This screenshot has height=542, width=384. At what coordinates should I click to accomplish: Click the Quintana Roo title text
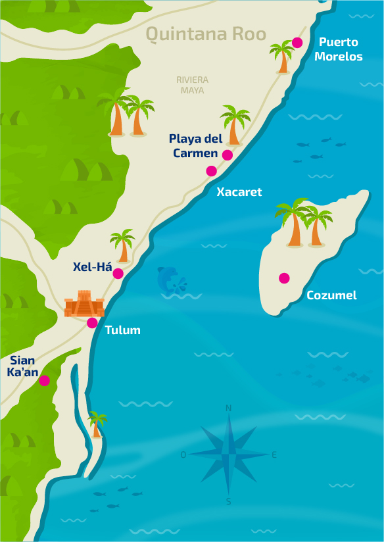click(205, 34)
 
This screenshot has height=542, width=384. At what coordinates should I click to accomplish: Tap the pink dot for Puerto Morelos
click(297, 43)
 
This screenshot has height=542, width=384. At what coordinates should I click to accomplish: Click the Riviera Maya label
click(192, 85)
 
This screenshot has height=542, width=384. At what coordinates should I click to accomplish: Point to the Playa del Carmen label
click(195, 145)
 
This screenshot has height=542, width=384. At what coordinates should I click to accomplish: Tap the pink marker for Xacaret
click(211, 171)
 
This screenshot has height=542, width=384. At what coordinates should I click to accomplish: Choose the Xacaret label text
click(239, 192)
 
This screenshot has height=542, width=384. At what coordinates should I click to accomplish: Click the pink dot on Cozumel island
click(284, 278)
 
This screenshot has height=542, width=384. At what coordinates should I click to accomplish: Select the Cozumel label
click(331, 295)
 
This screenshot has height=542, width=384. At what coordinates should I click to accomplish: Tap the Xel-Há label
click(92, 267)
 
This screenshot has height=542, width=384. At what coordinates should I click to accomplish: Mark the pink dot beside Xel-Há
click(118, 274)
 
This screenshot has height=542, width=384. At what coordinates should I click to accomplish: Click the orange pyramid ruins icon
click(84, 304)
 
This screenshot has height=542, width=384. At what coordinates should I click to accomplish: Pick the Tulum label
click(123, 330)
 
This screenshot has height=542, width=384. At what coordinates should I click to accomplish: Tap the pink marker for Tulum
click(92, 323)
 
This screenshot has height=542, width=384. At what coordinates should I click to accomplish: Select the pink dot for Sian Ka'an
click(44, 380)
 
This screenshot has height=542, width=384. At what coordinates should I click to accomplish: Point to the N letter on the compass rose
click(229, 408)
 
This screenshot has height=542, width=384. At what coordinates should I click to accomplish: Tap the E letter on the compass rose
click(274, 455)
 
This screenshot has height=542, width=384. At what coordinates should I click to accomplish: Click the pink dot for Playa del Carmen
click(228, 155)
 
